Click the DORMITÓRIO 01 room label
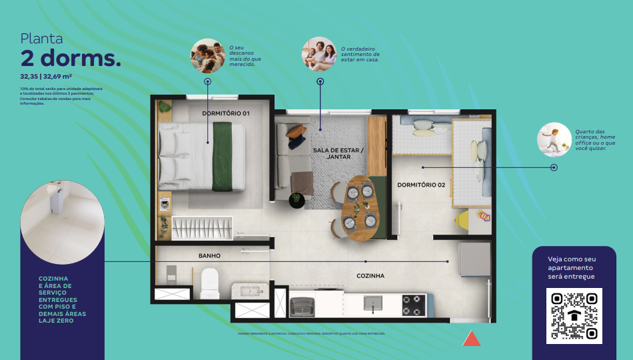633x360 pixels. tap(226, 113)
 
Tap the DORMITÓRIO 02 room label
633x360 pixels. tap(421, 185)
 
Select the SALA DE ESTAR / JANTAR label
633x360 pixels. tap(338, 154)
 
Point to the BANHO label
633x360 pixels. tap(209, 255)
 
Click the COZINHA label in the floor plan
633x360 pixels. tap(370, 275)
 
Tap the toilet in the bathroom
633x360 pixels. tap(210, 283)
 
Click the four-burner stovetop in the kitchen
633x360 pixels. tap(414, 305)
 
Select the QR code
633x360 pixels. tap(574, 315)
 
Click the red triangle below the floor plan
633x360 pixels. tap(472, 339)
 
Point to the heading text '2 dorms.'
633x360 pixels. tap(71, 59)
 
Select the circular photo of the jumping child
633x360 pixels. tap(554, 139)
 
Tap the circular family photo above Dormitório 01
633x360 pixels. tap(208, 56)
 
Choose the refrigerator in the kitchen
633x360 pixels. tap(474, 259)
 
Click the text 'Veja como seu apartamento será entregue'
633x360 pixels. tap(571, 267)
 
